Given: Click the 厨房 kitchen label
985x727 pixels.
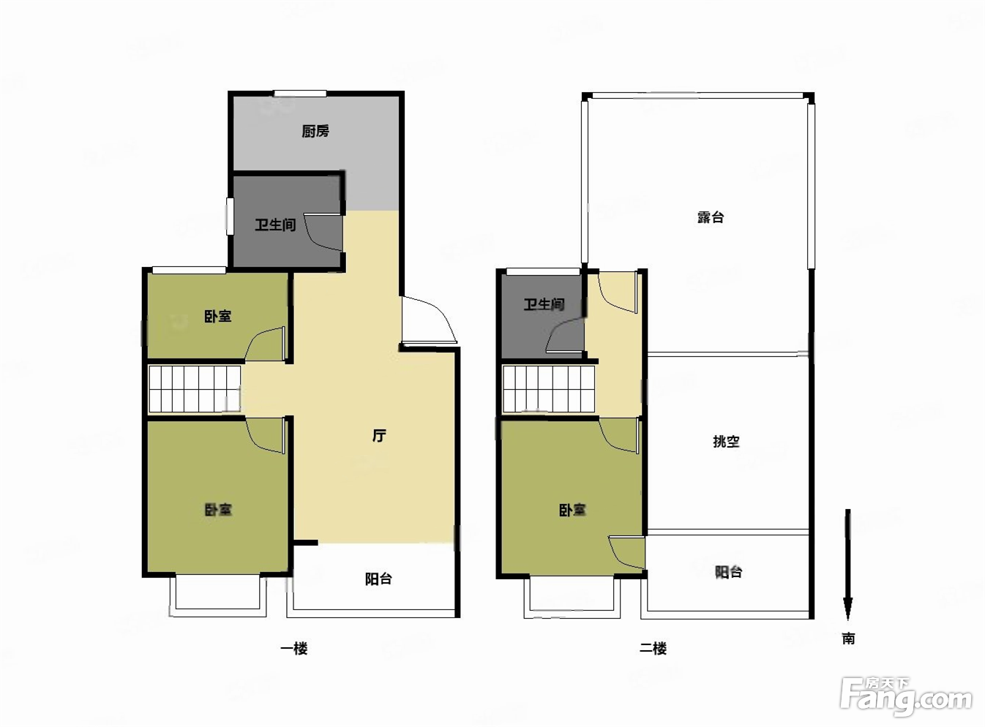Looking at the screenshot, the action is [315, 132].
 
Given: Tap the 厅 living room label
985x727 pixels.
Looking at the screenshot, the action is [379, 435].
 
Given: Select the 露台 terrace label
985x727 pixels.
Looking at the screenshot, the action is [711, 217].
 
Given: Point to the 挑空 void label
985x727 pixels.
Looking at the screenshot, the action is [726, 441].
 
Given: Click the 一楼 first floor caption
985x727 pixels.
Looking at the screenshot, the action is [294, 649].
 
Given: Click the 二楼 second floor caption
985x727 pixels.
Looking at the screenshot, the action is [653, 649].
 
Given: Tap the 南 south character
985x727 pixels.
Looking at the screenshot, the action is [848, 639].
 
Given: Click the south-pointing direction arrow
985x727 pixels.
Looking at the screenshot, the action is [847, 564].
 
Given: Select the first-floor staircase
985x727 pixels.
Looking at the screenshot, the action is [195, 389].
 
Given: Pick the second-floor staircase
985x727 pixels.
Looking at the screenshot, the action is [548, 389].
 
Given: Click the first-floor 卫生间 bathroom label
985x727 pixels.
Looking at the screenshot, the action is [275, 225].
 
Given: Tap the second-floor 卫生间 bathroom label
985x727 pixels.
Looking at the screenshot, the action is [544, 304].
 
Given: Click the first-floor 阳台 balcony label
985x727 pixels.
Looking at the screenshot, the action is [378, 579].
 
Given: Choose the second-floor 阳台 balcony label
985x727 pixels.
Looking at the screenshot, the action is [728, 572].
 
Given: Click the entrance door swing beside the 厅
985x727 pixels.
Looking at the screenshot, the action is [429, 320].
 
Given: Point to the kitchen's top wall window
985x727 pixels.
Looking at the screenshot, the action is [300, 93].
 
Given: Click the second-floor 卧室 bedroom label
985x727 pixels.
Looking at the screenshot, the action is [572, 510].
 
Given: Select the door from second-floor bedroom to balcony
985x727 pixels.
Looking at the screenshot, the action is [626, 553].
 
